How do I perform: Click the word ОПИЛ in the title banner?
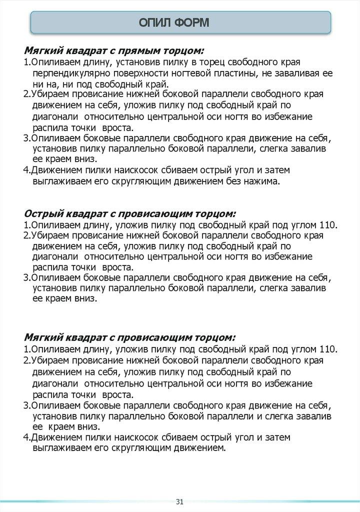click(x=156, y=23)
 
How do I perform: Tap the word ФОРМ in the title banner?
click(x=192, y=23)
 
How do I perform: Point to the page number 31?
click(x=179, y=501)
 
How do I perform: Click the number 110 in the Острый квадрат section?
click(x=327, y=224)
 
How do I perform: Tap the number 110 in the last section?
click(x=327, y=349)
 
